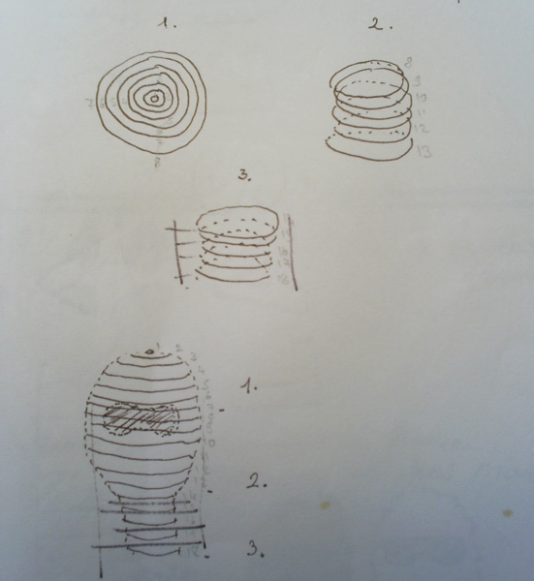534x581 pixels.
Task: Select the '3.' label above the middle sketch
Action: pos(244,177)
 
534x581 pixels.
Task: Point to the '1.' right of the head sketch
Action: pos(250,384)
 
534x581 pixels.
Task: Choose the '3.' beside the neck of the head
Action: pos(254,550)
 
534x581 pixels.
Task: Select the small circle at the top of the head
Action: pos(149,351)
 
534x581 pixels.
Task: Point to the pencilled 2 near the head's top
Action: pos(179,346)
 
